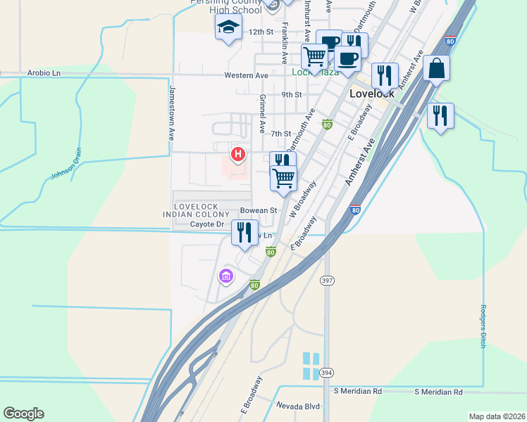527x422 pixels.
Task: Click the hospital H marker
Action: tap(238, 153)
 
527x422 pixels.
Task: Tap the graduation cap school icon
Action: tap(228, 27)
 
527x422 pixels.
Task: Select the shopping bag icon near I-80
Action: tap(436, 68)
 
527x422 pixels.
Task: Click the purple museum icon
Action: tap(226, 276)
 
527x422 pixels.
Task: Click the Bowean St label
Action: tap(259, 210)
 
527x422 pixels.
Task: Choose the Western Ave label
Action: tap(246, 75)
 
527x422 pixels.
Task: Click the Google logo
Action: tap(23, 414)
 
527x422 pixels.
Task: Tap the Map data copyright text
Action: tap(496, 416)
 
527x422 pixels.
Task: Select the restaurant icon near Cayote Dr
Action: tap(244, 232)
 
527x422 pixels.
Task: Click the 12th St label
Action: tap(260, 32)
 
